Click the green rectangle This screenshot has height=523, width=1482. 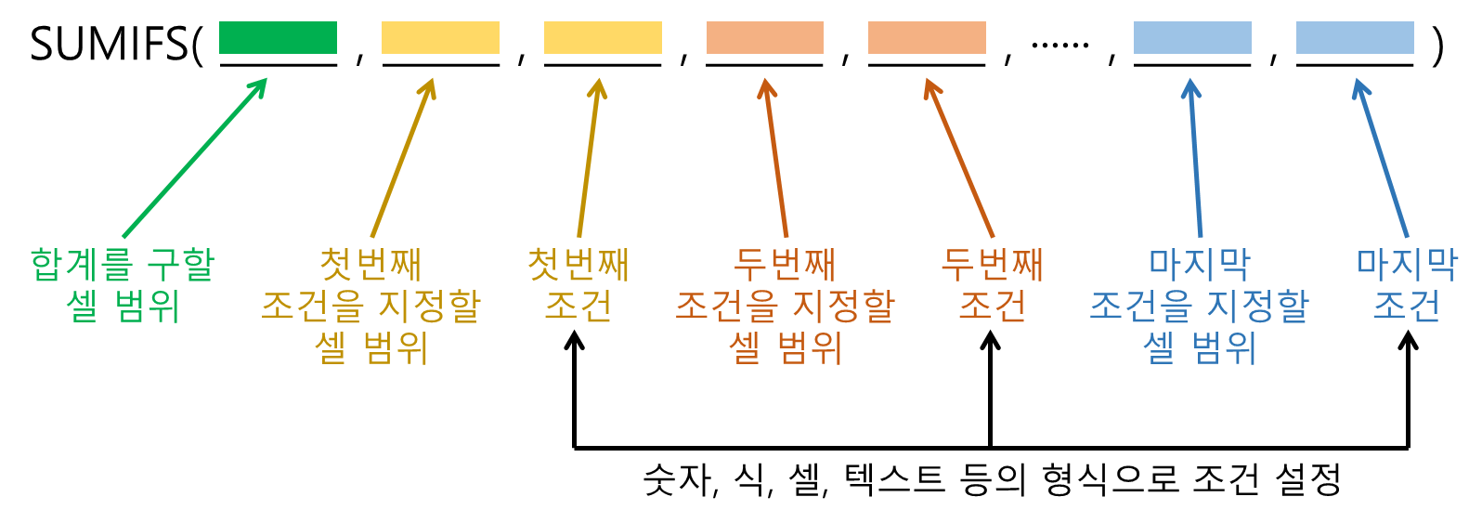[x=278, y=38]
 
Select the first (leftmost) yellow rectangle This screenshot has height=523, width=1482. [x=440, y=38]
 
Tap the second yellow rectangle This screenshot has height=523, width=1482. [x=603, y=38]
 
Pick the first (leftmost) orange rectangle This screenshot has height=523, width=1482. [x=764, y=38]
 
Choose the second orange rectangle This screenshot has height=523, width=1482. [x=927, y=38]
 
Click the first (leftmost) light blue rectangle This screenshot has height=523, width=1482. [x=1192, y=38]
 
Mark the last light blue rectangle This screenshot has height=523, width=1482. [x=1355, y=38]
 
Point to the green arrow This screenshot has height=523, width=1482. [x=195, y=158]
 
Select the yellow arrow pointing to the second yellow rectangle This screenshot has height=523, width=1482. [x=589, y=158]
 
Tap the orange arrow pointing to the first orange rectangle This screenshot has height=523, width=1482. [x=776, y=158]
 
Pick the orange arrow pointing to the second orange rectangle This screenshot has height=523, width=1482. [x=959, y=158]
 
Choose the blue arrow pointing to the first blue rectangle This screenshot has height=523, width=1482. [x=1196, y=158]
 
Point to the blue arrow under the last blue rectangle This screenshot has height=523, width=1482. [x=1383, y=158]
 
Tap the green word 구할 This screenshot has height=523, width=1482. [x=181, y=265]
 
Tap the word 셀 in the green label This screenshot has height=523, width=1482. [x=82, y=306]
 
